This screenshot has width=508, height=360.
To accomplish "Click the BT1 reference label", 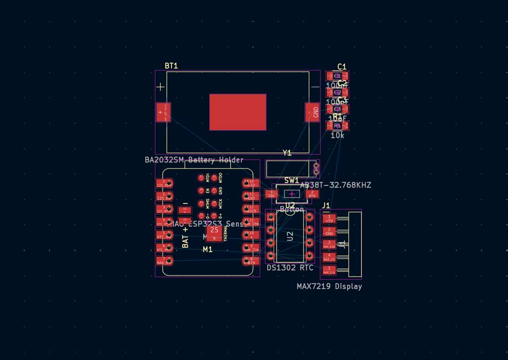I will pos(171,66).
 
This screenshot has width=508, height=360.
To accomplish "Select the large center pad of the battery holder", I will pos(238,112).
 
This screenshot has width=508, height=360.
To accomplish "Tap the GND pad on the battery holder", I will pos(312,112).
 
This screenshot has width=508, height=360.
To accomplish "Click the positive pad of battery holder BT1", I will pos(164,112).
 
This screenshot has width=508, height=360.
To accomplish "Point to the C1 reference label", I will pos(342,67).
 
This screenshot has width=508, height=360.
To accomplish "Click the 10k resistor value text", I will pos(338,135).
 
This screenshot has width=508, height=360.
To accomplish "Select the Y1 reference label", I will pos(287,153).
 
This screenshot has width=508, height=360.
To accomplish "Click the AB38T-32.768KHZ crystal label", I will pos(335,185).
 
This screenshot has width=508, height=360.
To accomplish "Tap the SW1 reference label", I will pos(292,181).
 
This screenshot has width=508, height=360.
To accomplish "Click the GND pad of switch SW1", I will pos(271,194).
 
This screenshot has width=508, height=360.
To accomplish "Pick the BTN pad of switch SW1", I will pos(312,194).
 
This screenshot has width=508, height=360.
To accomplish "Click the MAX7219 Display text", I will pos(329,287).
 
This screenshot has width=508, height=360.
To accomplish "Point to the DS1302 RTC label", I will pos(290,268).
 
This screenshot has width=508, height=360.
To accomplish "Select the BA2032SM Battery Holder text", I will pos(194,160).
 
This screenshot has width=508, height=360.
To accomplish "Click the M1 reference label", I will pos(208,249).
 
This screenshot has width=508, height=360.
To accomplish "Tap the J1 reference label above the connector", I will pos(326,205).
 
